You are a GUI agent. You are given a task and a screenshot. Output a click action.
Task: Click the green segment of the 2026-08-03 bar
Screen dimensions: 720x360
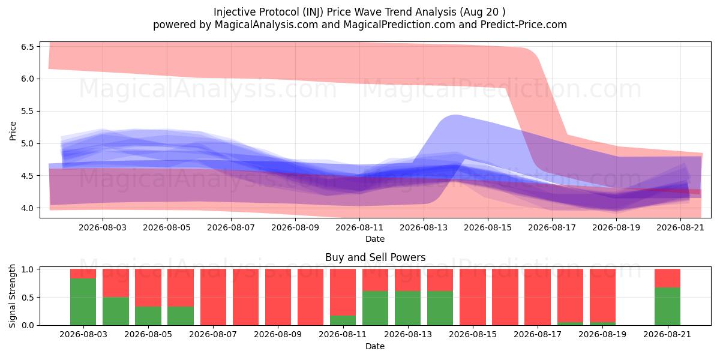pyautogui.click(x=83, y=301)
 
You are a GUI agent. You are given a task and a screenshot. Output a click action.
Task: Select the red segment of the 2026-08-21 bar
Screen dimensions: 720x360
pyautogui.click(x=668, y=278)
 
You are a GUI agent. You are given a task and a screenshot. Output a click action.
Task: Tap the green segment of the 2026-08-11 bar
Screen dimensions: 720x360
pyautogui.click(x=343, y=320)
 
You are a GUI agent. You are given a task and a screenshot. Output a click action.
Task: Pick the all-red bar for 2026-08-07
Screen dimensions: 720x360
pyautogui.click(x=213, y=297)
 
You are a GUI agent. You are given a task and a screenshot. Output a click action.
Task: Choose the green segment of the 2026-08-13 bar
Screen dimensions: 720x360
pyautogui.click(x=408, y=308)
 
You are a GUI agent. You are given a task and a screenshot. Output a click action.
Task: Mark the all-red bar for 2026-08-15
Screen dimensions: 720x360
pyautogui.click(x=473, y=297)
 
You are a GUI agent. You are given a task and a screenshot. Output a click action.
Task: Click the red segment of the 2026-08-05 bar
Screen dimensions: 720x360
pyautogui.click(x=148, y=287)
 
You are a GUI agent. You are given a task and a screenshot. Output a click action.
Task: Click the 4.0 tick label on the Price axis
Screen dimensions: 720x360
pyautogui.click(x=28, y=208)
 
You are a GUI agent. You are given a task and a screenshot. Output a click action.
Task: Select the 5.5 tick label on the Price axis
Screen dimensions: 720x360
pyautogui.click(x=28, y=112)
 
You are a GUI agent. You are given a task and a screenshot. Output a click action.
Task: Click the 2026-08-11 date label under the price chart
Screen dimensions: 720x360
pyautogui.click(x=359, y=227)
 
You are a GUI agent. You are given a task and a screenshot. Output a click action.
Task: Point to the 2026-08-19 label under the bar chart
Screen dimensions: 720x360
pyautogui.click(x=602, y=335)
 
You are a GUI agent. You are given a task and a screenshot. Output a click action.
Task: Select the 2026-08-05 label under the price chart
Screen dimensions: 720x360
pyautogui.click(x=167, y=227)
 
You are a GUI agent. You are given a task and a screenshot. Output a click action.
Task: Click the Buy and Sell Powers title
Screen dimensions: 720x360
pyautogui.click(x=375, y=257)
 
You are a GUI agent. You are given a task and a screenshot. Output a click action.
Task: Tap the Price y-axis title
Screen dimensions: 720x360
pyautogui.click(x=13, y=131)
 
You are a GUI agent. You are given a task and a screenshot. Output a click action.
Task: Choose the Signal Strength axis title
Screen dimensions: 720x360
pyautogui.click(x=13, y=296)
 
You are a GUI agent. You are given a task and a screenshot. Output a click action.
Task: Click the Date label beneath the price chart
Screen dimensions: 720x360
pyautogui.click(x=375, y=239)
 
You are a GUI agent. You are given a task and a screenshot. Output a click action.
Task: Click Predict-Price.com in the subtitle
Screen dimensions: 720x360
pyautogui.click(x=524, y=25)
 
